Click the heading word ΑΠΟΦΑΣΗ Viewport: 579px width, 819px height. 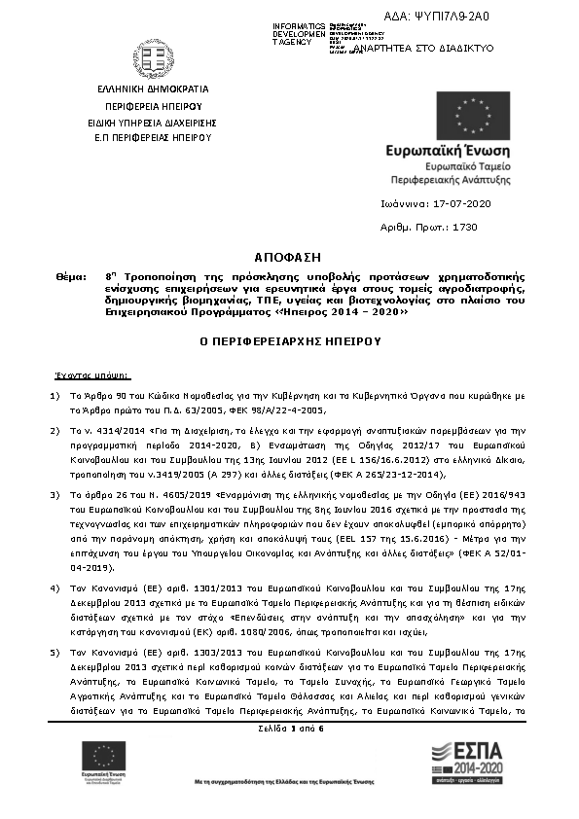coord(287,257)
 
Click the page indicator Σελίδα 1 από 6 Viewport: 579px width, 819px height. coord(288,728)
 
